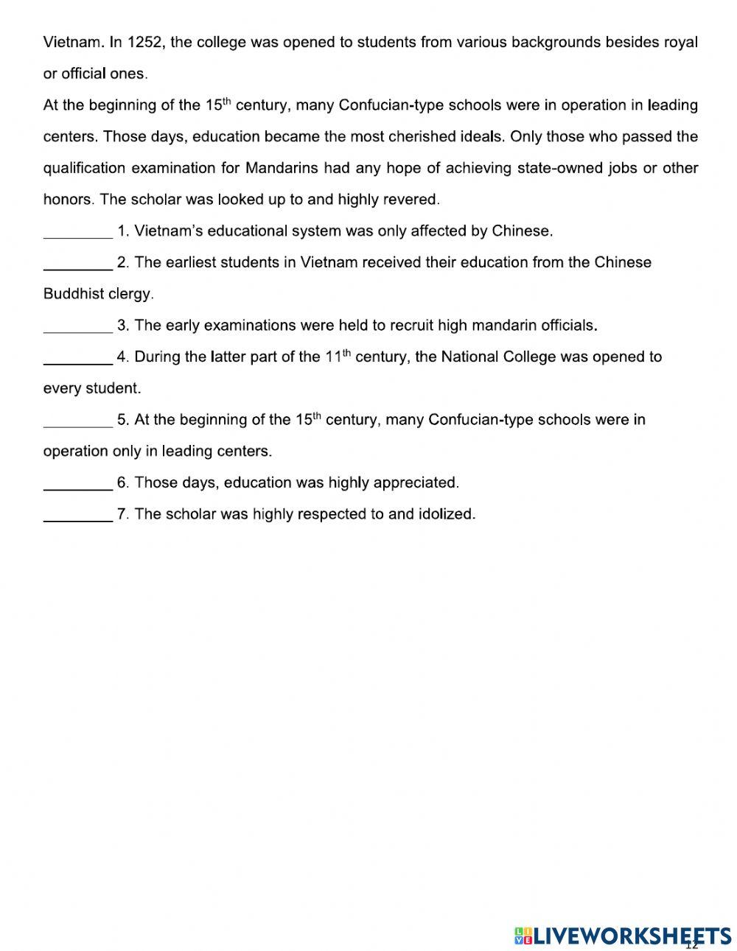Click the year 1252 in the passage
click(x=144, y=42)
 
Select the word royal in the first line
click(x=680, y=42)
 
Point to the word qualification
click(x=85, y=168)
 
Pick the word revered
click(x=413, y=200)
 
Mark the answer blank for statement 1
click(x=77, y=234)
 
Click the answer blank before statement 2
click(x=77, y=266)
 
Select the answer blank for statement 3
click(x=77, y=329)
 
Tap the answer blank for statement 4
click(x=77, y=360)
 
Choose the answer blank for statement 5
click(x=77, y=423)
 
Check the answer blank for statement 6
click(x=77, y=486)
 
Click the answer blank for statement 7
click(x=77, y=518)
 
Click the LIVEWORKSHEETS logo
click(x=623, y=936)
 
